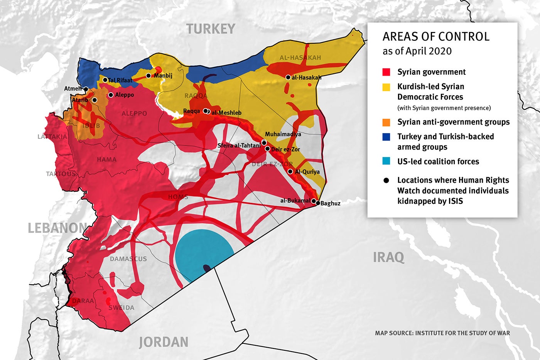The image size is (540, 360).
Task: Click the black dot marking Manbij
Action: coord(148,76)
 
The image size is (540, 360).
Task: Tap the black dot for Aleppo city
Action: coord(111,95)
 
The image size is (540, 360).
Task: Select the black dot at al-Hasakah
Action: coord(288,78)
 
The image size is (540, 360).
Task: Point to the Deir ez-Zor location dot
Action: coord(267,149)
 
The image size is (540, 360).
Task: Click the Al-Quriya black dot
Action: coord(290,171)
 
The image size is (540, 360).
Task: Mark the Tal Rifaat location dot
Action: coord(105,80)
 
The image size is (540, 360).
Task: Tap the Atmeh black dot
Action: coord(86,89)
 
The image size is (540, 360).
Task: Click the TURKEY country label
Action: coord(211,29)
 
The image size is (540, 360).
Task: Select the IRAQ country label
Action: coord(388,257)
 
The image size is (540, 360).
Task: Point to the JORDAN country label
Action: coord(164,342)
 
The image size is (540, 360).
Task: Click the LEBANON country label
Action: coord(57,228)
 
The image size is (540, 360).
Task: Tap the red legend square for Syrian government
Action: coord(386,72)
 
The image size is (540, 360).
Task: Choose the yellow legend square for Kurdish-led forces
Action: coord(386,87)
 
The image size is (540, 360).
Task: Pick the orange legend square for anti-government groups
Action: coord(386,122)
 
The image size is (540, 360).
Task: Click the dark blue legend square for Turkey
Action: coord(386,137)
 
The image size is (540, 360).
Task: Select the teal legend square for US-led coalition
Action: coord(386,161)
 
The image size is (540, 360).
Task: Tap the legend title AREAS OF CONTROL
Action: coord(436,37)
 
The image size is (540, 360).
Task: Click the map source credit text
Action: coord(442,333)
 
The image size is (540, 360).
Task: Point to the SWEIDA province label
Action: coord(121,308)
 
